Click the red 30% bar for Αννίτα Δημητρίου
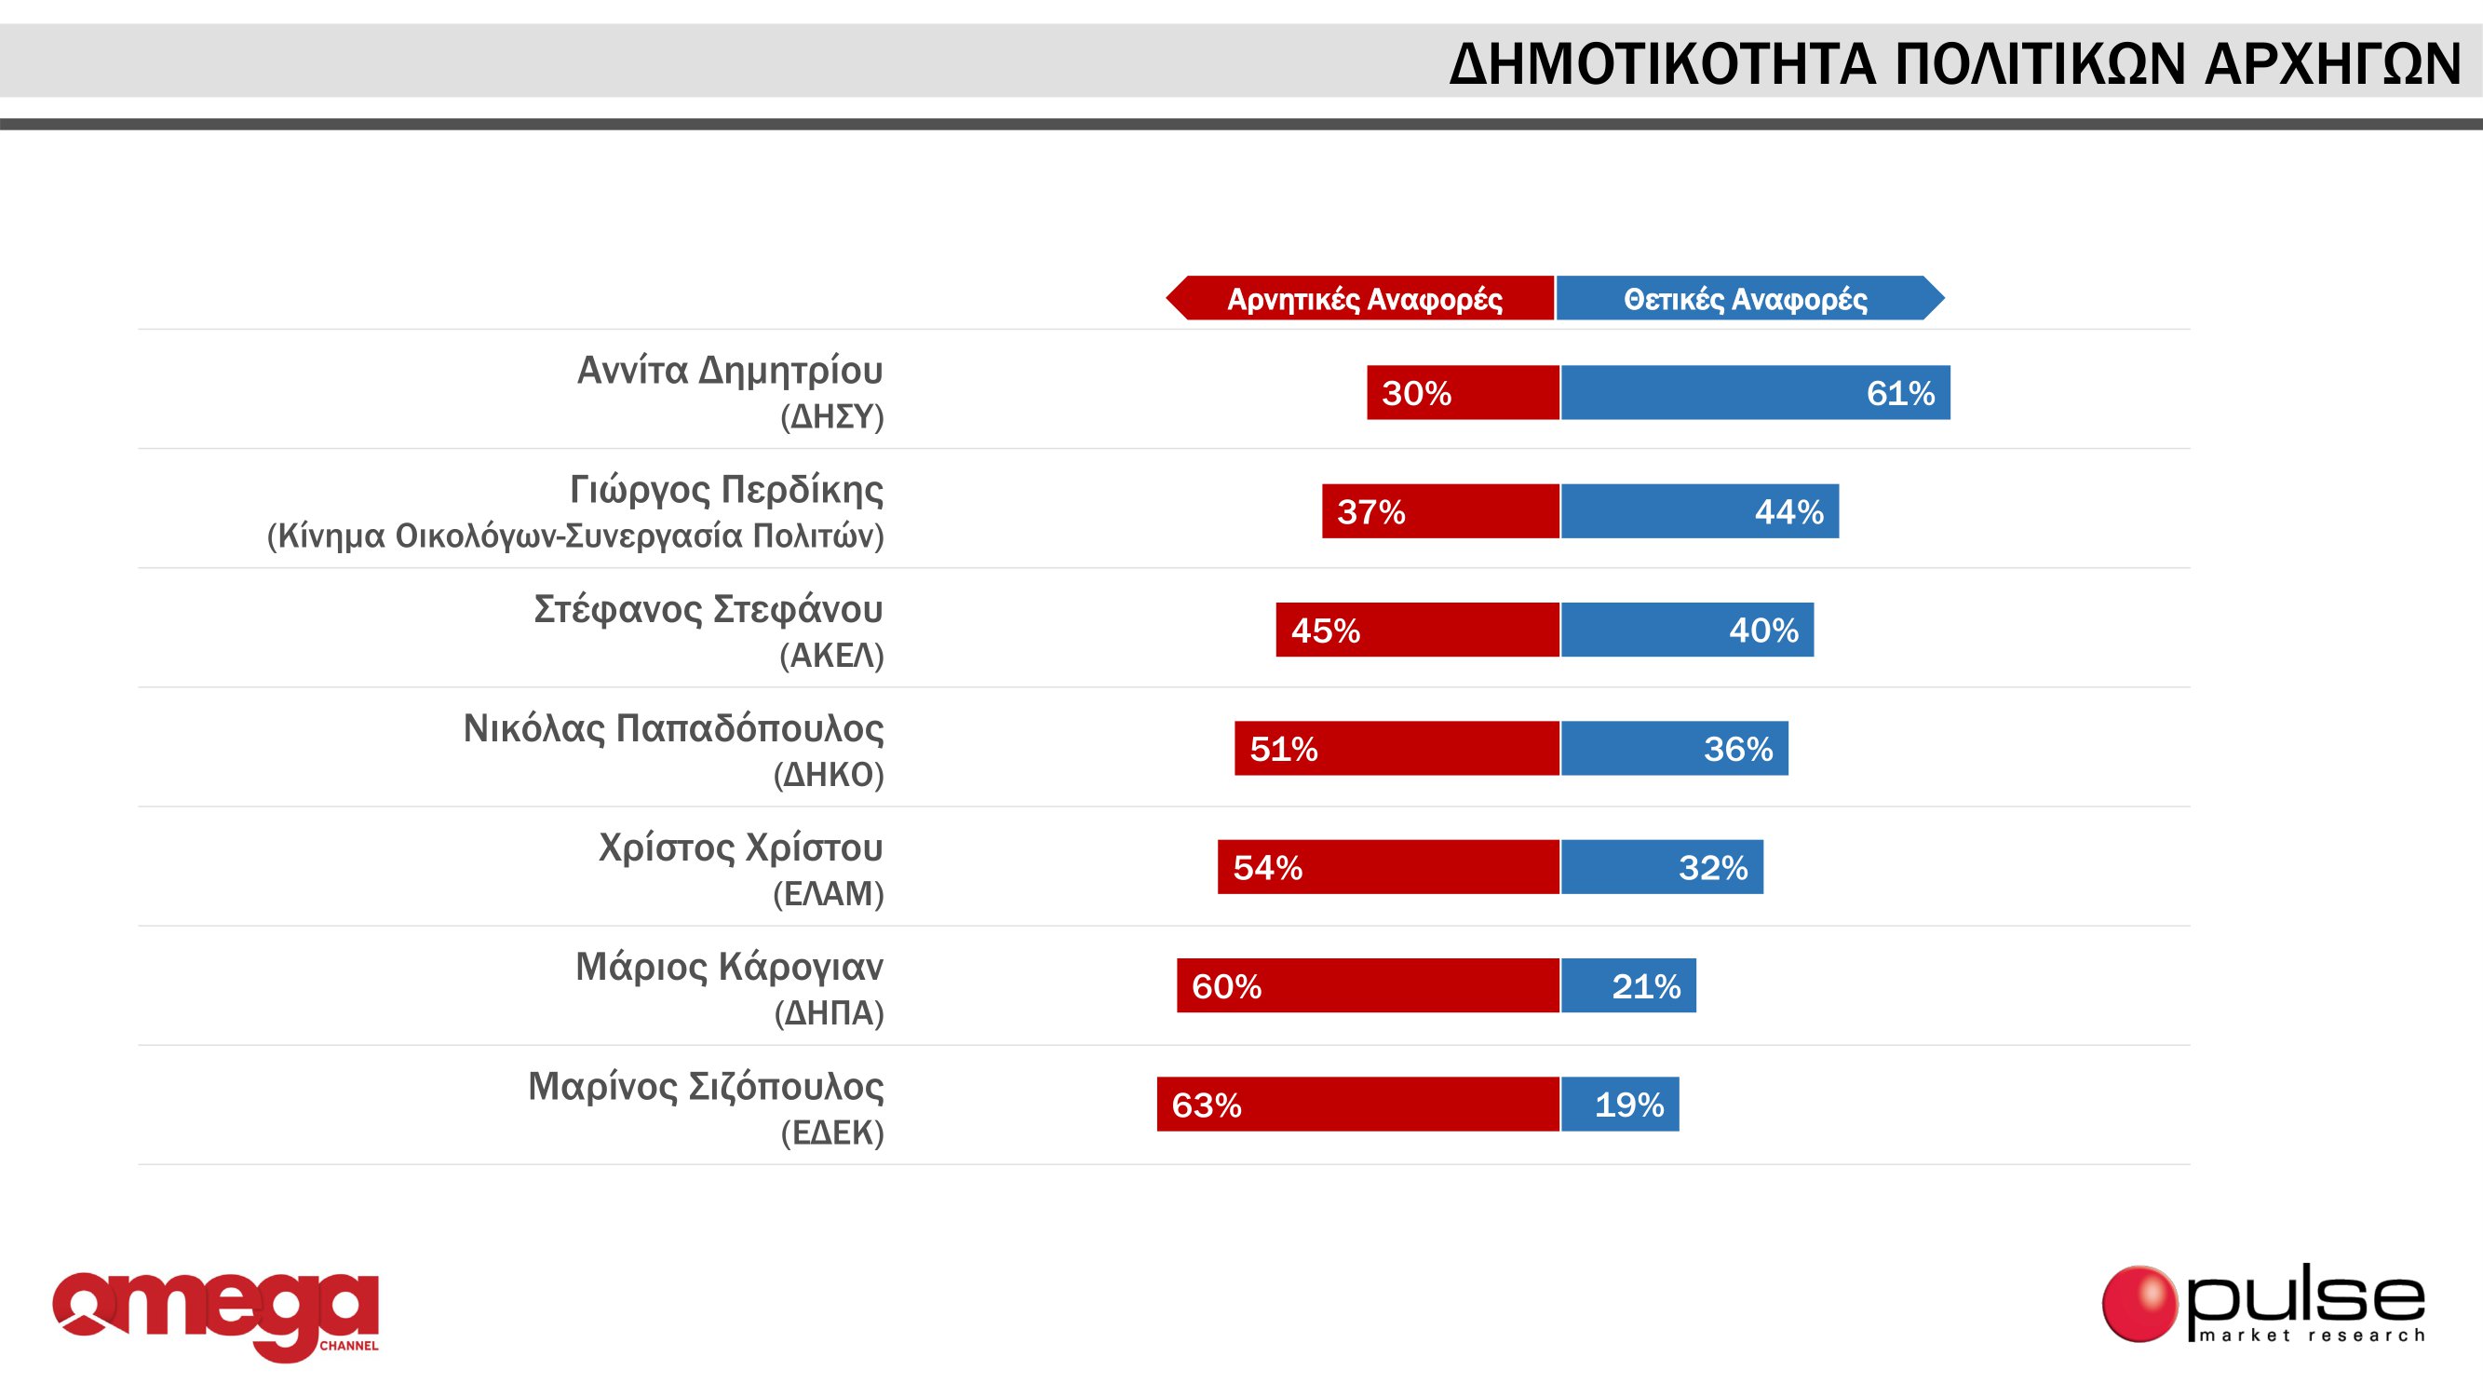point(1463,392)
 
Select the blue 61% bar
point(1754,392)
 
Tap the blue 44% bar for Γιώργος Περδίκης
point(1699,511)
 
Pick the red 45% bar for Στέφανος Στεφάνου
point(1417,630)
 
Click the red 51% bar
point(1397,748)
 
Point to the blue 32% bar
point(1662,867)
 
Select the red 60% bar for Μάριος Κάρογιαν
point(1368,985)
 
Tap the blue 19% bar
point(1619,1104)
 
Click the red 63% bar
point(1357,1104)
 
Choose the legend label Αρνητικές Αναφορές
point(1363,299)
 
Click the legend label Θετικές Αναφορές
point(1745,299)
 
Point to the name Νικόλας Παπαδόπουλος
point(673,729)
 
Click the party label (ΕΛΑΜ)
point(828,894)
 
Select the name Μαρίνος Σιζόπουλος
point(705,1087)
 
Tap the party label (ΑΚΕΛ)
point(830,656)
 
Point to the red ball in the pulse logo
point(2139,1304)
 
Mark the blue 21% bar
point(1628,985)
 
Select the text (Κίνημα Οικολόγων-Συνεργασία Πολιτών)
point(574,536)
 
